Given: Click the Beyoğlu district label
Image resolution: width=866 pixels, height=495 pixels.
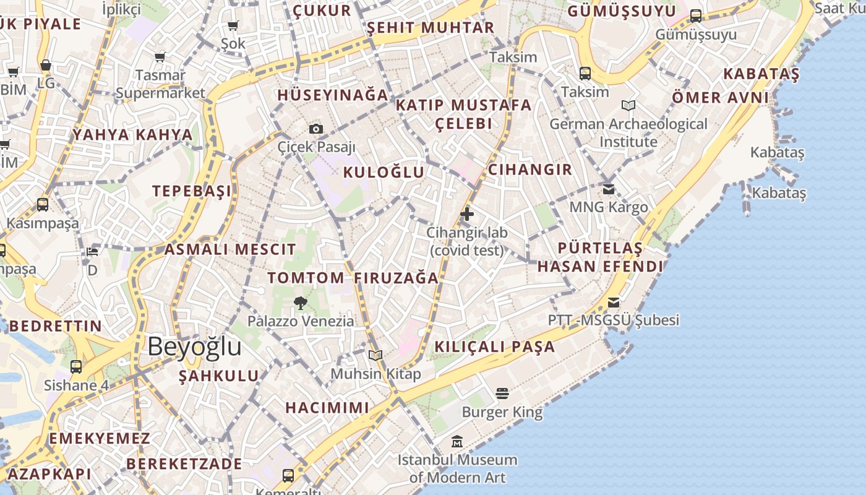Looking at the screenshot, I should coord(194,346).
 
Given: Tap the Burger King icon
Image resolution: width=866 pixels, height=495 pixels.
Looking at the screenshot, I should coord(502,394).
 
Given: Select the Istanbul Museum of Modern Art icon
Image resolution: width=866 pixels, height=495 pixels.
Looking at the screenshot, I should coord(457,441).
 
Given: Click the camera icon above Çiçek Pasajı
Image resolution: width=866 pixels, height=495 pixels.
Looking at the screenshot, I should coord(316,129).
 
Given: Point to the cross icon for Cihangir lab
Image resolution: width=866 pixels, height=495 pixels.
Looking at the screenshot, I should coord(467,215).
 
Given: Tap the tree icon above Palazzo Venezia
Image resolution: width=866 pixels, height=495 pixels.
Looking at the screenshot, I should coord(301,303).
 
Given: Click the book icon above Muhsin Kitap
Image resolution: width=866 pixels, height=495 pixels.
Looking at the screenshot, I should coord(375,355).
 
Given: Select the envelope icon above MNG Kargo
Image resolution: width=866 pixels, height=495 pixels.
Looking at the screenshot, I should coord(609,189).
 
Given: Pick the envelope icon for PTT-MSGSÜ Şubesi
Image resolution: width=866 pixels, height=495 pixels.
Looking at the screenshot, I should coord(613,302).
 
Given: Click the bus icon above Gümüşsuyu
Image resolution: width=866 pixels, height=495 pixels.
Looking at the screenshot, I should coord(696,16).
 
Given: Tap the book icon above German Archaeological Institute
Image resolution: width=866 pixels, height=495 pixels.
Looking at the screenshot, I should coord(628,106).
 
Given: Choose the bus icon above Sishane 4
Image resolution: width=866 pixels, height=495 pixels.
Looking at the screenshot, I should coord(76,367).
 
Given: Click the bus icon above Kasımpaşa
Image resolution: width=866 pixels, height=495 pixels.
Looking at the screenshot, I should coord(43,204).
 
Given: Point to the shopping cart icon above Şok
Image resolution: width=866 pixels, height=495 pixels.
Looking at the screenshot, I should coord(233,25).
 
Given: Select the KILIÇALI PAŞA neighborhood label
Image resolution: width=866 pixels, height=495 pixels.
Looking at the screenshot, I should coord(495,347).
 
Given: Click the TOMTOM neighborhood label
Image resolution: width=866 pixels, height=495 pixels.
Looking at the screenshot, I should coord(306,278).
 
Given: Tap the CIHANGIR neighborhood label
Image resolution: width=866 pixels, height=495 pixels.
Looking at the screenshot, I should coord(530,170).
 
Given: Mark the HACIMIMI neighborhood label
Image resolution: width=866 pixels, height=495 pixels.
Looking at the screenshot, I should coord(327,408).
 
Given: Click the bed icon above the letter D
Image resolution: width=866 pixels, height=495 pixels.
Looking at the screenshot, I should coord(92,252).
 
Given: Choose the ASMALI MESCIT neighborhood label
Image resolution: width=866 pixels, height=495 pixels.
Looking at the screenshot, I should coord(230,250).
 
